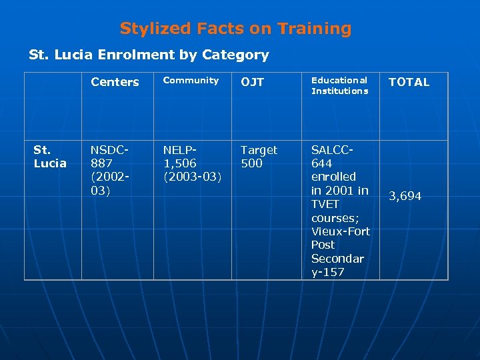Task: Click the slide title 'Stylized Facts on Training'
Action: [x=235, y=29]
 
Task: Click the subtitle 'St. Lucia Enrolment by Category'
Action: [x=149, y=55]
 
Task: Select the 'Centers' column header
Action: [x=115, y=82]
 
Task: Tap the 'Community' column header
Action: [x=191, y=80]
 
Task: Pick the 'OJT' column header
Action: [x=252, y=82]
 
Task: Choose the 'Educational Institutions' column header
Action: [x=339, y=85]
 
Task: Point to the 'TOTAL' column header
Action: [x=409, y=82]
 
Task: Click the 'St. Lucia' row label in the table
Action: [x=50, y=157]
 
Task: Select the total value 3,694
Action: [x=405, y=196]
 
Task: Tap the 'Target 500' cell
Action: [x=259, y=157]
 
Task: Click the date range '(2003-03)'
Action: [x=192, y=177]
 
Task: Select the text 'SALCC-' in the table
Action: [x=332, y=150]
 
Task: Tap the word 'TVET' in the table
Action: [x=326, y=204]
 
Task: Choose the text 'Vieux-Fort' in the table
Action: [x=340, y=231]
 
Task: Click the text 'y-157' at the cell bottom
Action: [x=328, y=272]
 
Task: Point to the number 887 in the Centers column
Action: [x=102, y=163]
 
